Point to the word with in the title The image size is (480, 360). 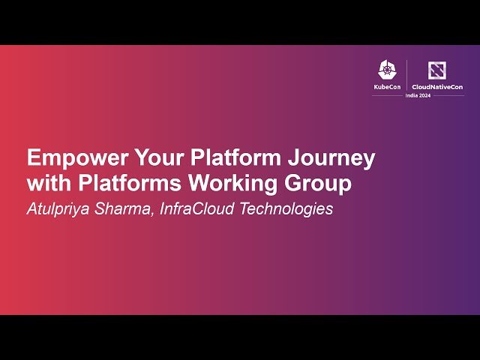(x=46, y=183)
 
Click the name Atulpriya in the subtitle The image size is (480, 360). (x=57, y=209)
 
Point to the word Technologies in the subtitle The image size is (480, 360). (x=286, y=209)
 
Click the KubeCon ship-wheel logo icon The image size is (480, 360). (x=388, y=70)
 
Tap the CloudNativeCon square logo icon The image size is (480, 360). (x=437, y=70)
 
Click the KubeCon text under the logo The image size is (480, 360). (x=388, y=87)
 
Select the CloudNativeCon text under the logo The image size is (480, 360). (x=437, y=87)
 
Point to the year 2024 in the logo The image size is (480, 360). (x=436, y=97)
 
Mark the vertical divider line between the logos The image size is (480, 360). (x=407, y=75)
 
